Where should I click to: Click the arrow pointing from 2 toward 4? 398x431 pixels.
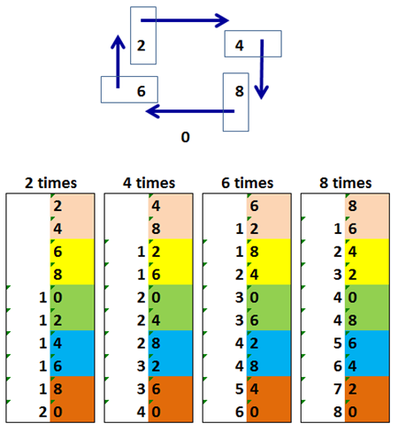pos(185,20)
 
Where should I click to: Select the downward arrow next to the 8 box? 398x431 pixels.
pos(262,69)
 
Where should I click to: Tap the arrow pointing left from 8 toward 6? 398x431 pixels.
pos(190,111)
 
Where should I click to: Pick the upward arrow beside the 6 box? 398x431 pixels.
pos(118,62)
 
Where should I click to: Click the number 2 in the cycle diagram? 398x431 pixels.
pos(141,46)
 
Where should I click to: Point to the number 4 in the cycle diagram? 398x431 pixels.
pos(240,46)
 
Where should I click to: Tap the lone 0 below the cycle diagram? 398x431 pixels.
pos(185,137)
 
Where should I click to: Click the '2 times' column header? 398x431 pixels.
pos(50,183)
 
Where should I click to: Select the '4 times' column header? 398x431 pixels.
pos(149,183)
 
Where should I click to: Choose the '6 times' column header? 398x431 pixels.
pos(248,183)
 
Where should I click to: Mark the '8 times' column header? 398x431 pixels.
pos(346,183)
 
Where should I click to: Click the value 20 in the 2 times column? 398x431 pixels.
pos(50,412)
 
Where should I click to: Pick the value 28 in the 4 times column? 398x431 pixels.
pos(149,343)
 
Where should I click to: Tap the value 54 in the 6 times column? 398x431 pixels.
pos(247,389)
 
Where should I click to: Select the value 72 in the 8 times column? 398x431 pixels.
pos(345,389)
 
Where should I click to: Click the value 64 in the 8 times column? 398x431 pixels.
pos(345,366)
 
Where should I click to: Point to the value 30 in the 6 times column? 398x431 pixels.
pos(247,298)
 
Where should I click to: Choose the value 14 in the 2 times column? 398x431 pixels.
pos(50,343)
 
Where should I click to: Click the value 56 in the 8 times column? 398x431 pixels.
pos(345,343)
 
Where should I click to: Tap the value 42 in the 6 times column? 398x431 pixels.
pos(247,343)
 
